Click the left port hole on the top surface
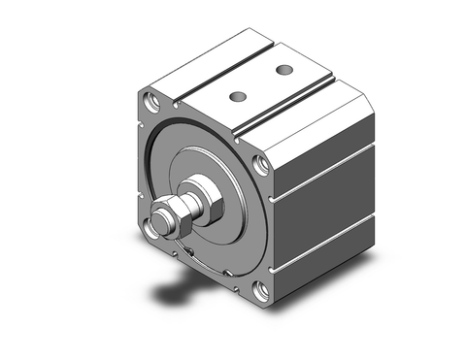tap(236, 96)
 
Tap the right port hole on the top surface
tap(283, 71)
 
